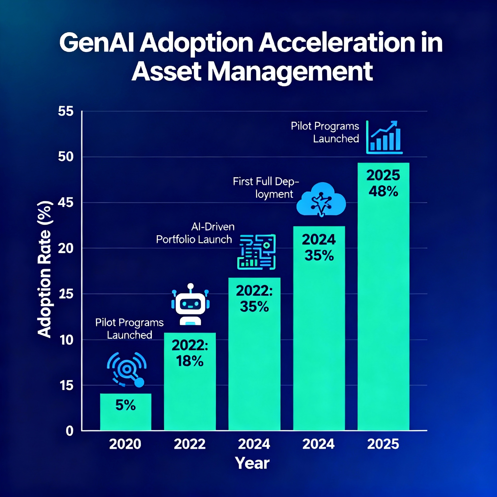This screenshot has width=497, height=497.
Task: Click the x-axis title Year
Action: click(252, 463)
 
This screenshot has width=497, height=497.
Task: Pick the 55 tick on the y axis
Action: click(66, 112)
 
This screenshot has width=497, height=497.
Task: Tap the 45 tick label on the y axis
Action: click(66, 203)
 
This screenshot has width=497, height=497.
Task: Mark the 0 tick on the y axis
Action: click(69, 431)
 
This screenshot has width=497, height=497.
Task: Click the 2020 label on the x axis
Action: click(125, 444)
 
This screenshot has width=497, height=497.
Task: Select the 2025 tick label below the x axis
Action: click(383, 444)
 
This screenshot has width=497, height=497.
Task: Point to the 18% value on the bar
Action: click(190, 361)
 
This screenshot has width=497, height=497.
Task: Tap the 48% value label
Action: click(383, 191)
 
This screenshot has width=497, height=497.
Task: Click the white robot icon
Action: click(190, 305)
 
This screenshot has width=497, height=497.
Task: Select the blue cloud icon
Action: click(321, 199)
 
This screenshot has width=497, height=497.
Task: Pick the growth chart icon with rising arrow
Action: click(384, 137)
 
